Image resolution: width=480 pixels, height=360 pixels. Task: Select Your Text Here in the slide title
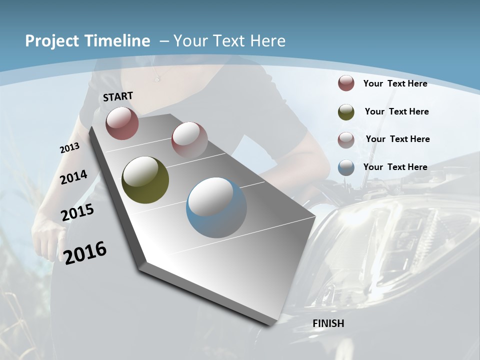tap(229, 41)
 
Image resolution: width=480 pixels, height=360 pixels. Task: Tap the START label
tap(118, 96)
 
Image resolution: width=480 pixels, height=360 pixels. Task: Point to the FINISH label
tap(328, 323)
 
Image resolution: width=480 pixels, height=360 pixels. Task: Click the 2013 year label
tap(69, 147)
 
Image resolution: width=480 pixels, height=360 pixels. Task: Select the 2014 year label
tap(73, 177)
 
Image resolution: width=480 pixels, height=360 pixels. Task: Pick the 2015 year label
tap(77, 212)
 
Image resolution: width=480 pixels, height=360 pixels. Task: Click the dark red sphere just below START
tap(122, 123)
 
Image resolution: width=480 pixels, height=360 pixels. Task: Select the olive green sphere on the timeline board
tap(145, 179)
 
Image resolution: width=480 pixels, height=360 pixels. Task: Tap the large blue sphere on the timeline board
tap(216, 207)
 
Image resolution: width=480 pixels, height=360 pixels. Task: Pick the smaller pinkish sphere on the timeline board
tap(189, 139)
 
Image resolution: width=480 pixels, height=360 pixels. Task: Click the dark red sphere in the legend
tap(346, 83)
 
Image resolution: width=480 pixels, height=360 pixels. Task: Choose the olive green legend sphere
tap(346, 112)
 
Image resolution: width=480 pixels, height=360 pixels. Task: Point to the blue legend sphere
tap(346, 167)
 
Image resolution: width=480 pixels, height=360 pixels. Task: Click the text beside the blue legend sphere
tap(395, 167)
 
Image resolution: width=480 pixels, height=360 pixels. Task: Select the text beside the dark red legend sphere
tap(395, 83)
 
